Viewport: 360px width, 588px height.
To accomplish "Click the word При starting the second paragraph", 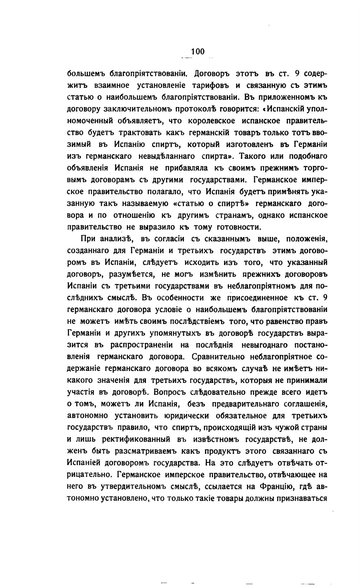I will tap(88, 239).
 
